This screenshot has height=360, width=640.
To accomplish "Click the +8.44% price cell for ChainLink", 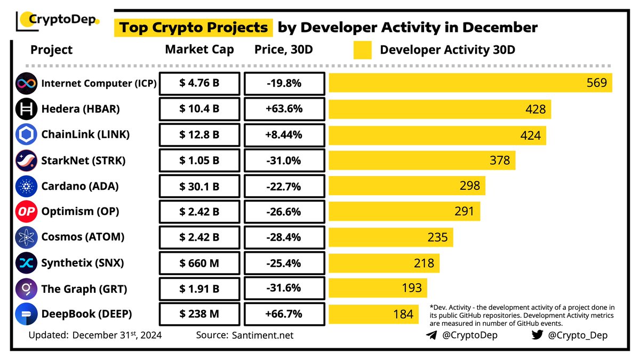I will pyautogui.click(x=284, y=135).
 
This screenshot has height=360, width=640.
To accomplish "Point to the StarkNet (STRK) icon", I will pyautogui.click(x=26, y=160).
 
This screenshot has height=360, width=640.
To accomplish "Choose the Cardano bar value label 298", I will pyautogui.click(x=469, y=186).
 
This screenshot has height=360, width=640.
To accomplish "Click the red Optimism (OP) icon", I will pyautogui.click(x=26, y=212).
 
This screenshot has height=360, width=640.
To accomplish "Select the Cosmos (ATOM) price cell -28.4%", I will pyautogui.click(x=284, y=237).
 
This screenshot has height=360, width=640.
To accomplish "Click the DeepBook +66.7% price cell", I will pyautogui.click(x=284, y=314).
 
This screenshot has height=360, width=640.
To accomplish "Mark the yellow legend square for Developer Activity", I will pyautogui.click(x=362, y=50).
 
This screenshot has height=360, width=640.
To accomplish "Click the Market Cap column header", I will pyautogui.click(x=199, y=50).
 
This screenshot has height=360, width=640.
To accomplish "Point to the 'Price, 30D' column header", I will pyautogui.click(x=283, y=50).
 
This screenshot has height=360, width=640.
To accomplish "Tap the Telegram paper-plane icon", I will pyautogui.click(x=431, y=335).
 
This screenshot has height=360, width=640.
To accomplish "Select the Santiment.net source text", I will pyautogui.click(x=263, y=335).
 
